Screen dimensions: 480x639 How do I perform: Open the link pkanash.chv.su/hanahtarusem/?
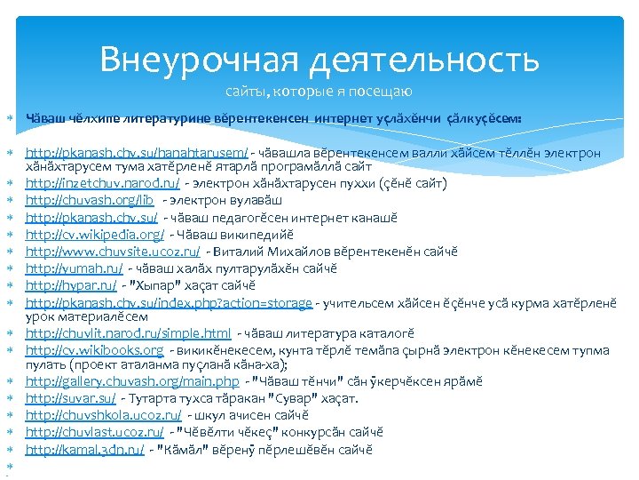coord(137,153)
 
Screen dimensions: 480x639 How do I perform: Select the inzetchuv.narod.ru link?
coord(102,183)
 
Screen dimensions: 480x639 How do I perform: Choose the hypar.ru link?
coord(71,284)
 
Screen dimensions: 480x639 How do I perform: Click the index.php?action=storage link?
coord(169,302)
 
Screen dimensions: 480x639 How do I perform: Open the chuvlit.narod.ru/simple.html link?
coord(128,333)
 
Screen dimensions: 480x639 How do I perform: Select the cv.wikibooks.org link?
coord(98,349)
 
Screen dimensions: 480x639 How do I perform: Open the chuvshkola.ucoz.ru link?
coord(103,415)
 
